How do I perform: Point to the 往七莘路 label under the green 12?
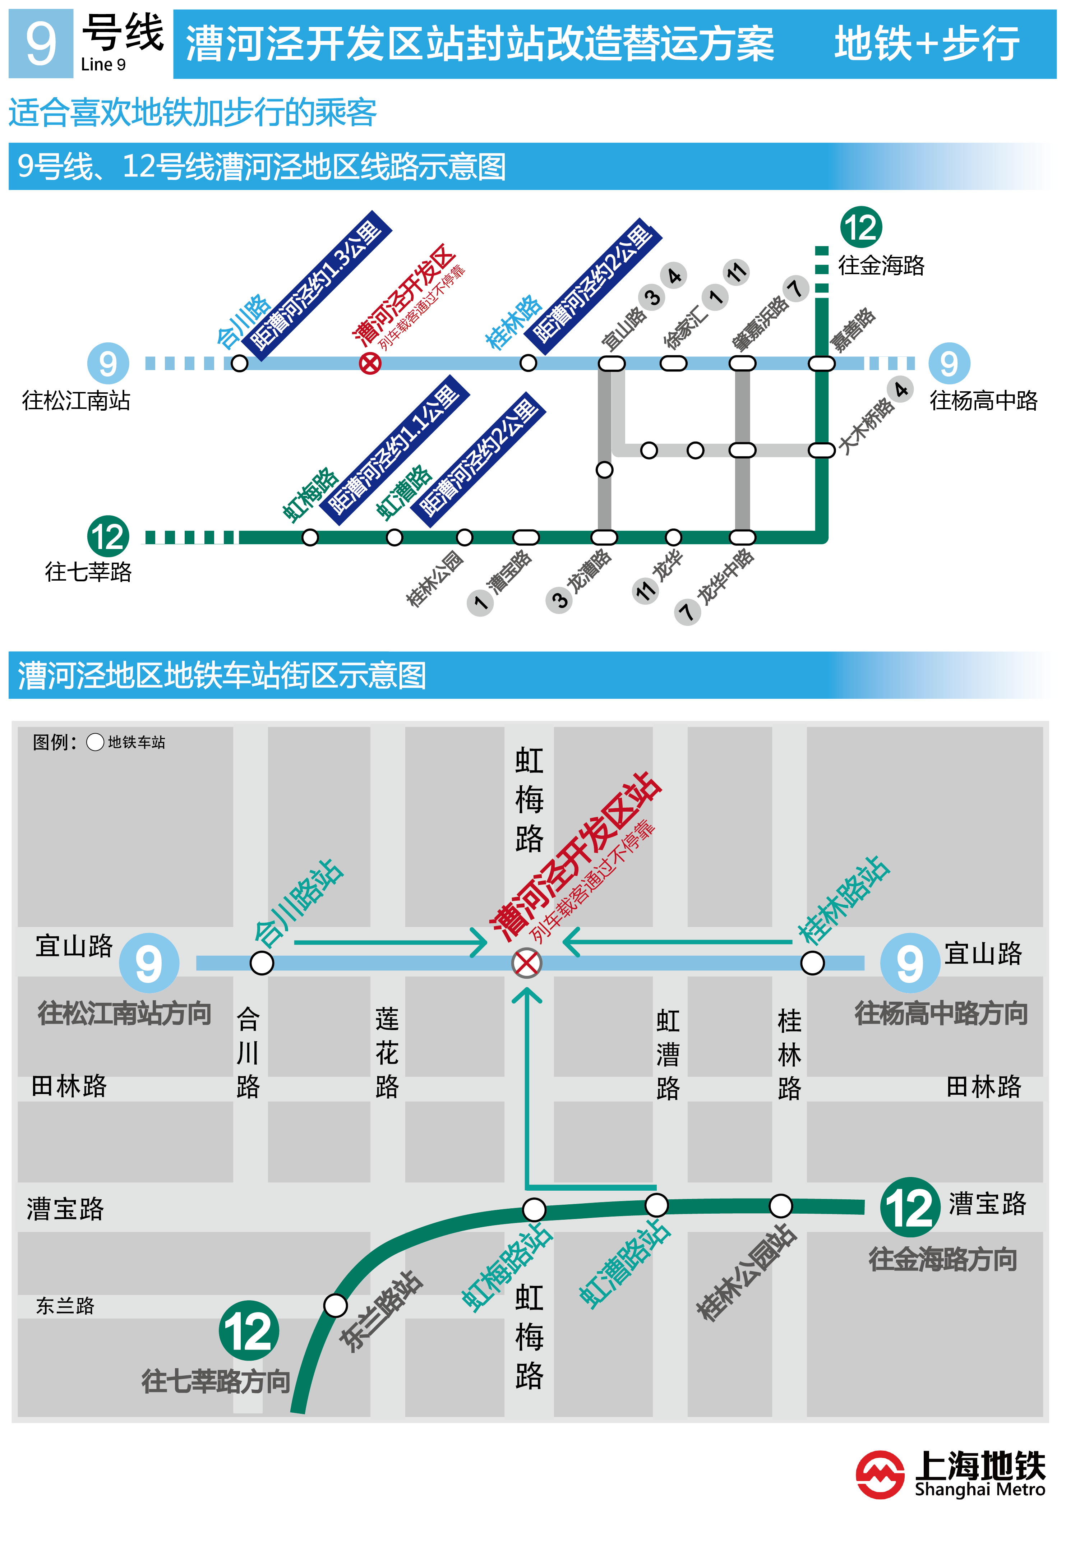pyautogui.click(x=88, y=572)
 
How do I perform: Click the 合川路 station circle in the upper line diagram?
pyautogui.click(x=239, y=363)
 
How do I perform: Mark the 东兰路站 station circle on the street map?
pyautogui.click(x=335, y=1305)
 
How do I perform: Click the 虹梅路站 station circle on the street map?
pyautogui.click(x=534, y=1209)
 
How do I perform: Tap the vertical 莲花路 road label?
pyautogui.click(x=387, y=1053)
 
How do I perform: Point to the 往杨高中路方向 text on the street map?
pyautogui.click(x=941, y=1013)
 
